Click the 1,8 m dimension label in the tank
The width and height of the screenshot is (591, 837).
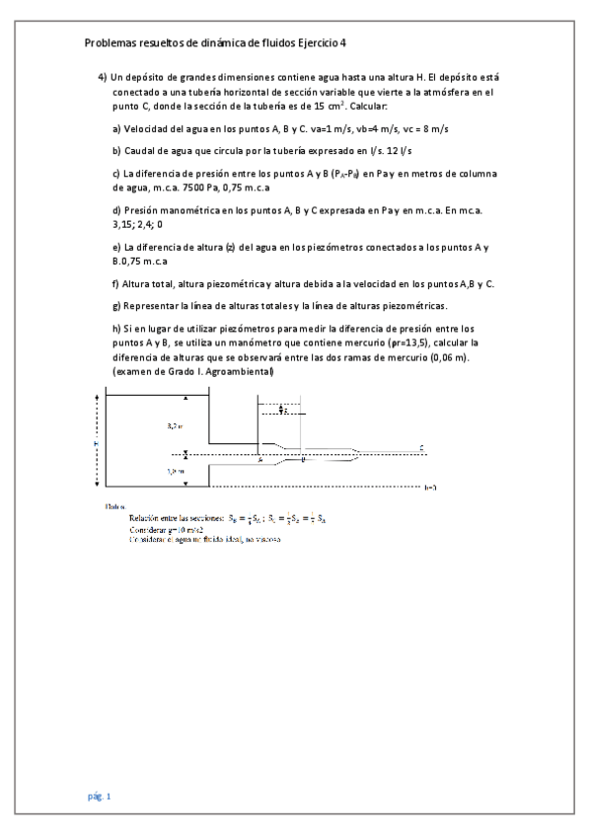[174, 472]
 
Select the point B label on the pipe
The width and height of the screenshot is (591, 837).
[304, 460]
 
